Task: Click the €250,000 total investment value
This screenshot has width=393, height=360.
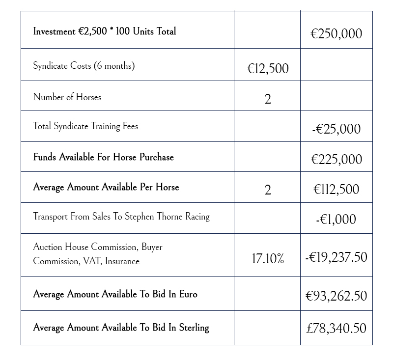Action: [x=336, y=33]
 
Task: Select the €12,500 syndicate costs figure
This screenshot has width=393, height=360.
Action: [x=267, y=69]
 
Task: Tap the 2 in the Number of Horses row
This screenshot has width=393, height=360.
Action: [x=267, y=99]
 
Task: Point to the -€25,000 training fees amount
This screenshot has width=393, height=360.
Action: [x=336, y=129]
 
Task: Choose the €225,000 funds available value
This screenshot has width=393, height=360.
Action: [x=336, y=159]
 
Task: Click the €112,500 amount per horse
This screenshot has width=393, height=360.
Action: [x=336, y=190]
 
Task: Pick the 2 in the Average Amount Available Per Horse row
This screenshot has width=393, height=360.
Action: [x=267, y=190]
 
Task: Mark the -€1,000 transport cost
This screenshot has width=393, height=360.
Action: [x=336, y=220]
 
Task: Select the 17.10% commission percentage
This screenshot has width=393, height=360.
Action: [x=267, y=259]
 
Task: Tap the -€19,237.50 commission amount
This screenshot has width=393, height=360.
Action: [x=336, y=257]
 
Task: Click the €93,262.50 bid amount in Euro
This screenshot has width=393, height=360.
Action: [x=336, y=296]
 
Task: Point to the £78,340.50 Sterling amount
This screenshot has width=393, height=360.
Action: [x=336, y=328]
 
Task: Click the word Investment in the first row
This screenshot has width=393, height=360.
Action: [x=54, y=31]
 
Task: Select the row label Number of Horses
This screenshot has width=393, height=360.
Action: [x=67, y=97]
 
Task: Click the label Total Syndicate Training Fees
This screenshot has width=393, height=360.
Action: [x=85, y=126]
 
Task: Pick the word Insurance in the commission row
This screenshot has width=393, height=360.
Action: [x=122, y=261]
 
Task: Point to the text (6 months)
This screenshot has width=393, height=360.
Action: [x=114, y=66]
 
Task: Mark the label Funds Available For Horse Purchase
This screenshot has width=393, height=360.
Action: [x=103, y=157]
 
